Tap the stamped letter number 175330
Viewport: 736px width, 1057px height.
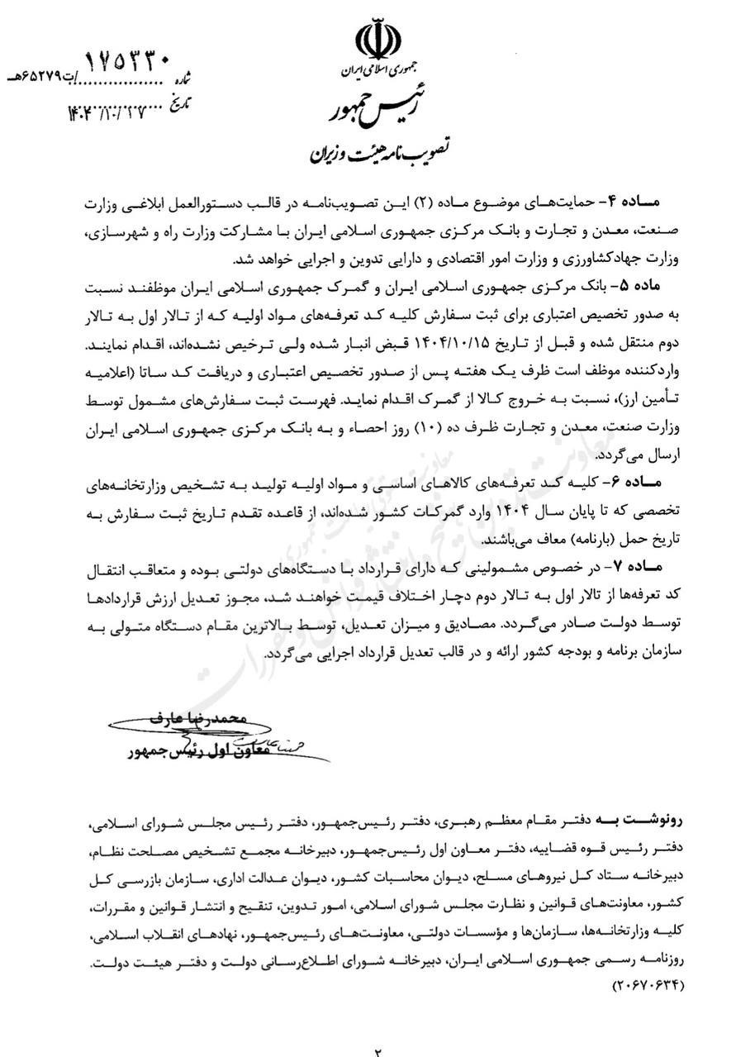click(129, 63)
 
